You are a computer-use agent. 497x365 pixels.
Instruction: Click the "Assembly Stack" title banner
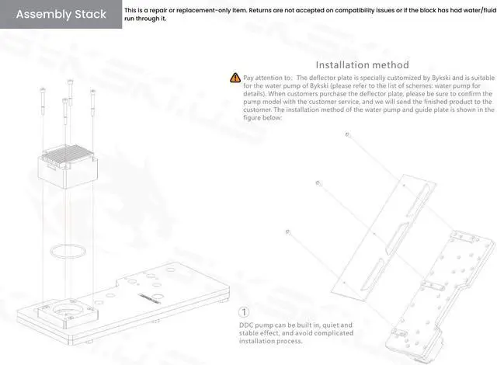tap(60, 14)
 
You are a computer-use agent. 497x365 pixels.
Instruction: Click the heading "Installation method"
tap(362, 65)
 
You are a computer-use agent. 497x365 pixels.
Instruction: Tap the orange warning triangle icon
tap(235, 78)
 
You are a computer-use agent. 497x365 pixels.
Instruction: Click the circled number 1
tap(244, 311)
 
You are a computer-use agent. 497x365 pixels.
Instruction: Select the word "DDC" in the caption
tap(248, 325)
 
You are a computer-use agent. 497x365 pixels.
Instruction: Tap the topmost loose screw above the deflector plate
tap(347, 134)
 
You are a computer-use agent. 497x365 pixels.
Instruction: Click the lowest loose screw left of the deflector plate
tap(288, 231)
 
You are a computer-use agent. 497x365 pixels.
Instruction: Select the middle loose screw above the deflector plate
tap(318, 183)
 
